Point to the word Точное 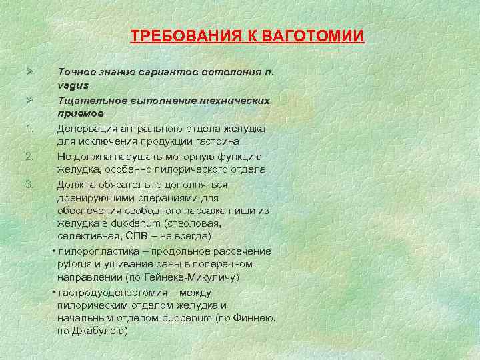76,71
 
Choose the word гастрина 247,141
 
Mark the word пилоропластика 100,251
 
